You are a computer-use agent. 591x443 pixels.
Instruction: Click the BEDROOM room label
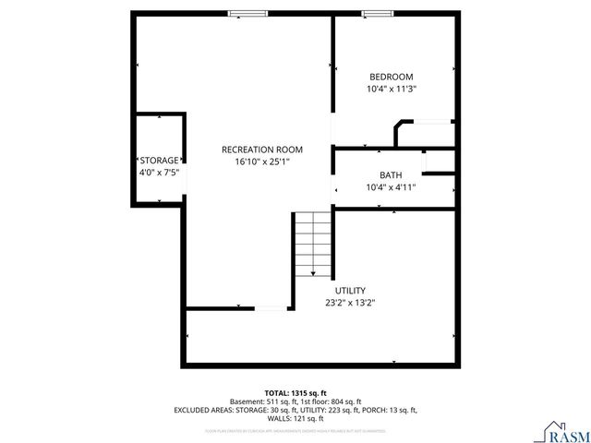(392, 77)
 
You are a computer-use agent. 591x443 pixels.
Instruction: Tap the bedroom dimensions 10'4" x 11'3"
(392, 90)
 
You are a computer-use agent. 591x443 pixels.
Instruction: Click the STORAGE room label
(159, 160)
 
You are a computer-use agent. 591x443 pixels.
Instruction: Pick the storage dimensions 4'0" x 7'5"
(159, 172)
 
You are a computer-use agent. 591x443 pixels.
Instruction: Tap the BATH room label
(391, 175)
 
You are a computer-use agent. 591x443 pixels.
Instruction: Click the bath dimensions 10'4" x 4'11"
(391, 187)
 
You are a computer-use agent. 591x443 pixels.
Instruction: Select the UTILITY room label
(350, 289)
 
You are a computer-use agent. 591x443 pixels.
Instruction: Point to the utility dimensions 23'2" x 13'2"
(350, 302)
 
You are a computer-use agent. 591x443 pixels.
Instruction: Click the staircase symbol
(312, 244)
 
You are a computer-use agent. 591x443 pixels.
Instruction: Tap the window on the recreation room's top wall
(248, 13)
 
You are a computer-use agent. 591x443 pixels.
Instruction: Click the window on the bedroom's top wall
(375, 13)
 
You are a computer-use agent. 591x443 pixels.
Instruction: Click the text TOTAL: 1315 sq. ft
(295, 393)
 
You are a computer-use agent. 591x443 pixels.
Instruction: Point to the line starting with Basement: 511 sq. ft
(295, 401)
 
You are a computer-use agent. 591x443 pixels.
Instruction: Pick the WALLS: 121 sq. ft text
(295, 418)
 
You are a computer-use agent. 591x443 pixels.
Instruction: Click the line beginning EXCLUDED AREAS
(295, 410)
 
